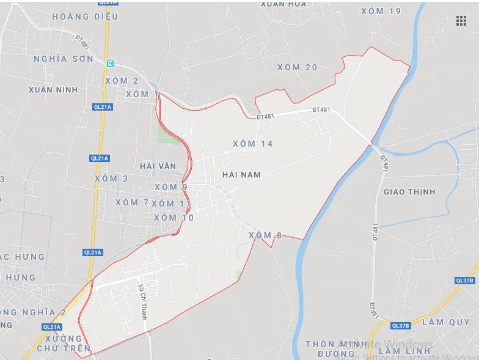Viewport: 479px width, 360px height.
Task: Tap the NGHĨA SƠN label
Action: (64, 59)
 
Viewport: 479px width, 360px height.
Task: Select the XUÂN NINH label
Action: (53, 90)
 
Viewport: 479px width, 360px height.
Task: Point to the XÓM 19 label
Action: (381, 11)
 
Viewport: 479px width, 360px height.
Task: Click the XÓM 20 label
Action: (297, 67)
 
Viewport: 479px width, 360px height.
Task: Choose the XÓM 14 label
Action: (252, 144)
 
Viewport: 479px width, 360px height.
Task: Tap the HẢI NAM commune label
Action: (241, 175)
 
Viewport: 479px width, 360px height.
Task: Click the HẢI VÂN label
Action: (158, 166)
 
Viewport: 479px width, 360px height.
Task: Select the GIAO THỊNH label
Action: (409, 192)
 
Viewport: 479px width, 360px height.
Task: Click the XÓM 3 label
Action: (111, 178)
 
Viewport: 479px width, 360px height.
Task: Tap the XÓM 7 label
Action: (131, 202)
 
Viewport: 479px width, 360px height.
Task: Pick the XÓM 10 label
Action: (174, 218)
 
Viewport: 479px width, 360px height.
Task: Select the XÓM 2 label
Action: (121, 81)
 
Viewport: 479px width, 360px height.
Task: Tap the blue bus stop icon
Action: (110, 64)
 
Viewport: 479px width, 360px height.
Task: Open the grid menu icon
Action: (461, 21)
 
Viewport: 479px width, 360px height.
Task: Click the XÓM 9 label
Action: (170, 187)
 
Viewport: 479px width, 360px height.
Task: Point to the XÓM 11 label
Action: (171, 204)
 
